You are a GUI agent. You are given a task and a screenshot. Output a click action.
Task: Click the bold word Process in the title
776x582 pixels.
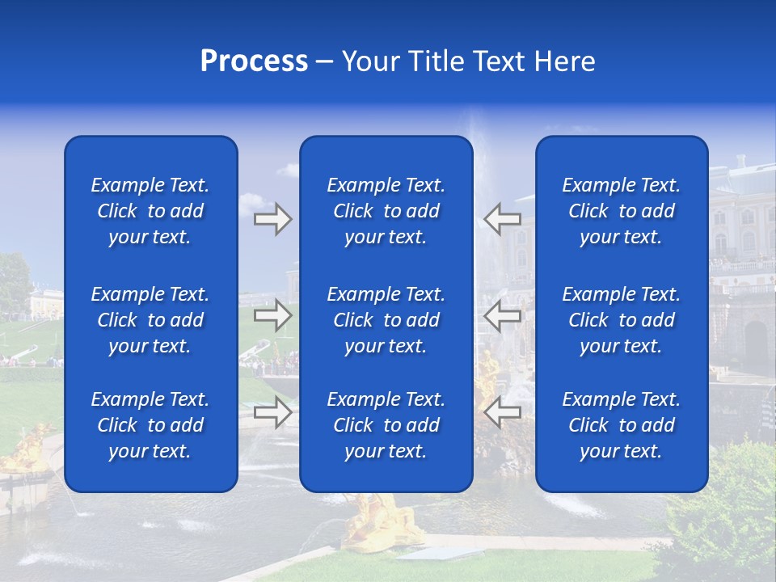coord(254,61)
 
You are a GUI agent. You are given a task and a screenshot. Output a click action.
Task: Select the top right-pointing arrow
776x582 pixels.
coord(272,219)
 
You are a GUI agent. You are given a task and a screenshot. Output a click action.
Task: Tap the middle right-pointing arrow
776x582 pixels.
coord(272,315)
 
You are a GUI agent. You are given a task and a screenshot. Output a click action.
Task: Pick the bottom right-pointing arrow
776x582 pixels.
coord(272,412)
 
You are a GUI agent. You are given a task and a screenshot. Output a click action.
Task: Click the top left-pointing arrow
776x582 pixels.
coord(503,219)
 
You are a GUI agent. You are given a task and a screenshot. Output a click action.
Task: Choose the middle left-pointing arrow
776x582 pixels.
coord(503,315)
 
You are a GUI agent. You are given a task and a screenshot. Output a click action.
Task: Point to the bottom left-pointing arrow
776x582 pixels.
coord(503,412)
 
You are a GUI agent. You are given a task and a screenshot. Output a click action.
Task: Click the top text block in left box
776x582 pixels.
coord(150,211)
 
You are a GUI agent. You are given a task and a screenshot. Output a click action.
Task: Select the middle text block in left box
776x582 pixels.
coord(150,320)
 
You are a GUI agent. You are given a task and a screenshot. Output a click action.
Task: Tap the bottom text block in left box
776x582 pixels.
coord(150,425)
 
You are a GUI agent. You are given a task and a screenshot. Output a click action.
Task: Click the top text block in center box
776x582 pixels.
coord(386,211)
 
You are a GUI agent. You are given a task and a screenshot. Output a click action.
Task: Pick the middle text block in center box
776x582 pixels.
coord(386,320)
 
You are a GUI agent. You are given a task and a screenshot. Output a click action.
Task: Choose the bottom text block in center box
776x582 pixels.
coord(386,425)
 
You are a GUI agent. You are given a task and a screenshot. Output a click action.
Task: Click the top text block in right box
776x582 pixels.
coord(621,211)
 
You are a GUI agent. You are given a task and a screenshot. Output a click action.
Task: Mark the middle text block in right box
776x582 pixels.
coord(621,320)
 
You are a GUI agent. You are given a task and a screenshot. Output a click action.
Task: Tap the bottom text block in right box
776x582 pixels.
coord(621,425)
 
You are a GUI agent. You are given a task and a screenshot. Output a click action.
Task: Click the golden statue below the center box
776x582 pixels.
coord(380,521)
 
